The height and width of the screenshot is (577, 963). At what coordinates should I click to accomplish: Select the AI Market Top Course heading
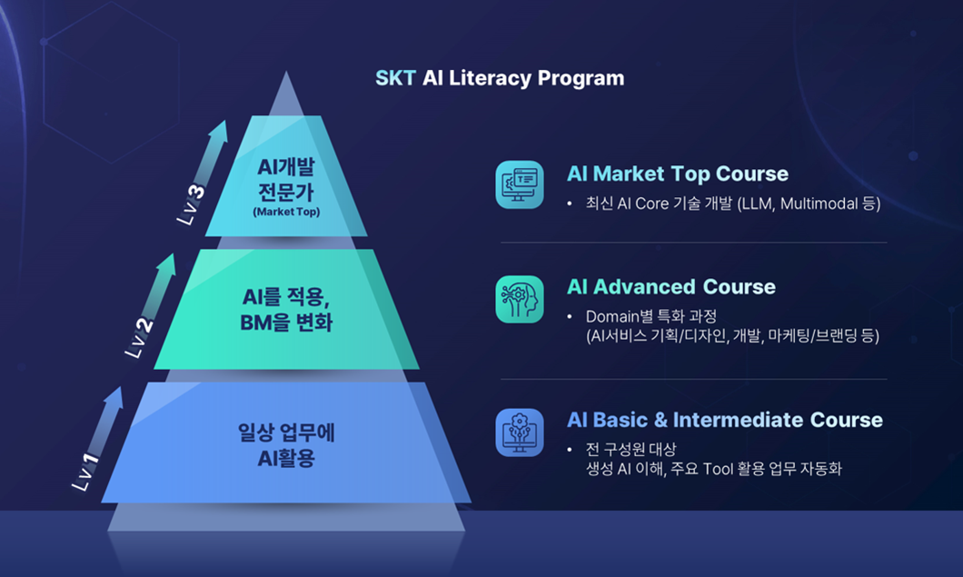point(677,174)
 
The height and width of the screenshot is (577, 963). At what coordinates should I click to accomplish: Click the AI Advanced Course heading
point(670,287)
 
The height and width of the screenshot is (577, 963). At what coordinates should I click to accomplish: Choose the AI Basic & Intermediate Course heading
point(724,420)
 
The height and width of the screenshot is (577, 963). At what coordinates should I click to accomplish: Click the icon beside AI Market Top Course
point(520,185)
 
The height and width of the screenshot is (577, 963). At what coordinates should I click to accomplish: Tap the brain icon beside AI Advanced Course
point(520,299)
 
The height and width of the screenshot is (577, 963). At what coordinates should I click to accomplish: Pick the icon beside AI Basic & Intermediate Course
point(520,432)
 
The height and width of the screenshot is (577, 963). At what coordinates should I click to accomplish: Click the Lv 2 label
point(140,338)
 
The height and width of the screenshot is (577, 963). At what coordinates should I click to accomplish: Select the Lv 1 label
point(87,473)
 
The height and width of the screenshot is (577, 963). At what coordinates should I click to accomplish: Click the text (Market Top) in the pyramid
point(286,213)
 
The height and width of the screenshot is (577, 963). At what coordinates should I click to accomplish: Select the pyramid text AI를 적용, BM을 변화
point(286,309)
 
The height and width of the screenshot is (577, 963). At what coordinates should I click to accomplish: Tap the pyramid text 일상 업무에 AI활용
point(286,444)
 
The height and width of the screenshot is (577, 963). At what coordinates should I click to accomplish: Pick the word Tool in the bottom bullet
point(717,469)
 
